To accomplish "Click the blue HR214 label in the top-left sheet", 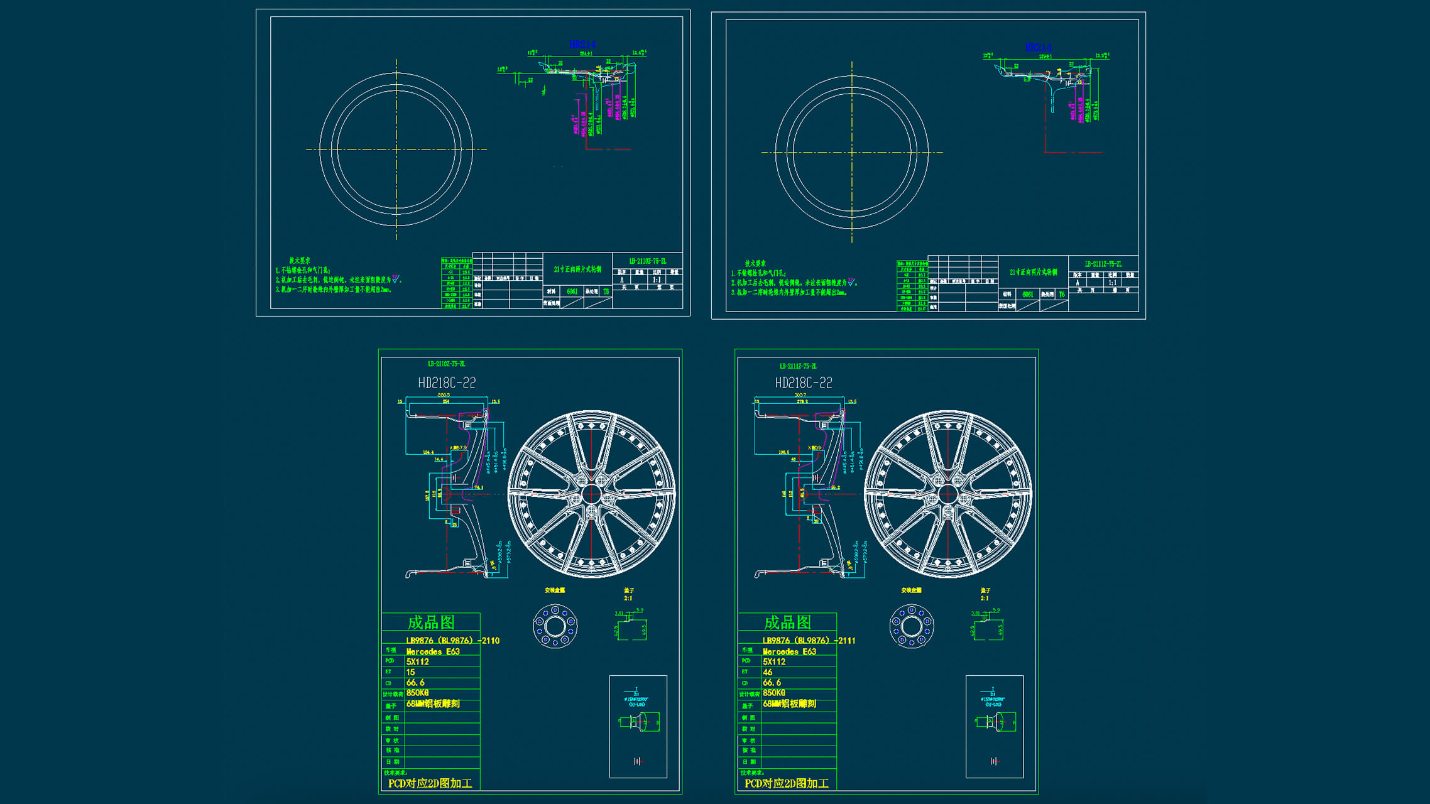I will [582, 44].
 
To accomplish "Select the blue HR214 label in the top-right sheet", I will [1038, 47].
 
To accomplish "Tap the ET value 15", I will [410, 672].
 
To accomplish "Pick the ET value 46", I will [767, 672].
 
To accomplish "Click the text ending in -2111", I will [809, 641].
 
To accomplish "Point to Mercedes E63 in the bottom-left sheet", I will [433, 651].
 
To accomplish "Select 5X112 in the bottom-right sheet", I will [774, 661].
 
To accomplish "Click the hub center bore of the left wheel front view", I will [591, 494].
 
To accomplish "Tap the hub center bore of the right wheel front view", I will [948, 494].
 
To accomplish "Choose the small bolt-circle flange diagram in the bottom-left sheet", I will [555, 626].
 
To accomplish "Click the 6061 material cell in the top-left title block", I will [572, 291].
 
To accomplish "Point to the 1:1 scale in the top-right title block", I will [1113, 283].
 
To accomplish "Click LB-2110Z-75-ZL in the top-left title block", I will [647, 261].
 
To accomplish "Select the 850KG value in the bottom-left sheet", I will [417, 693].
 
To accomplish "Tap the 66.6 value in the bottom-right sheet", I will [772, 682].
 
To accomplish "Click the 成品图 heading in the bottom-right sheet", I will [787, 622].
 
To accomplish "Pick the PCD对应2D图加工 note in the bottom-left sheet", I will [430, 783].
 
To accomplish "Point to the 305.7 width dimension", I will [800, 395].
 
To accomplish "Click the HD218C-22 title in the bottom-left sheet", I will [447, 383].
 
